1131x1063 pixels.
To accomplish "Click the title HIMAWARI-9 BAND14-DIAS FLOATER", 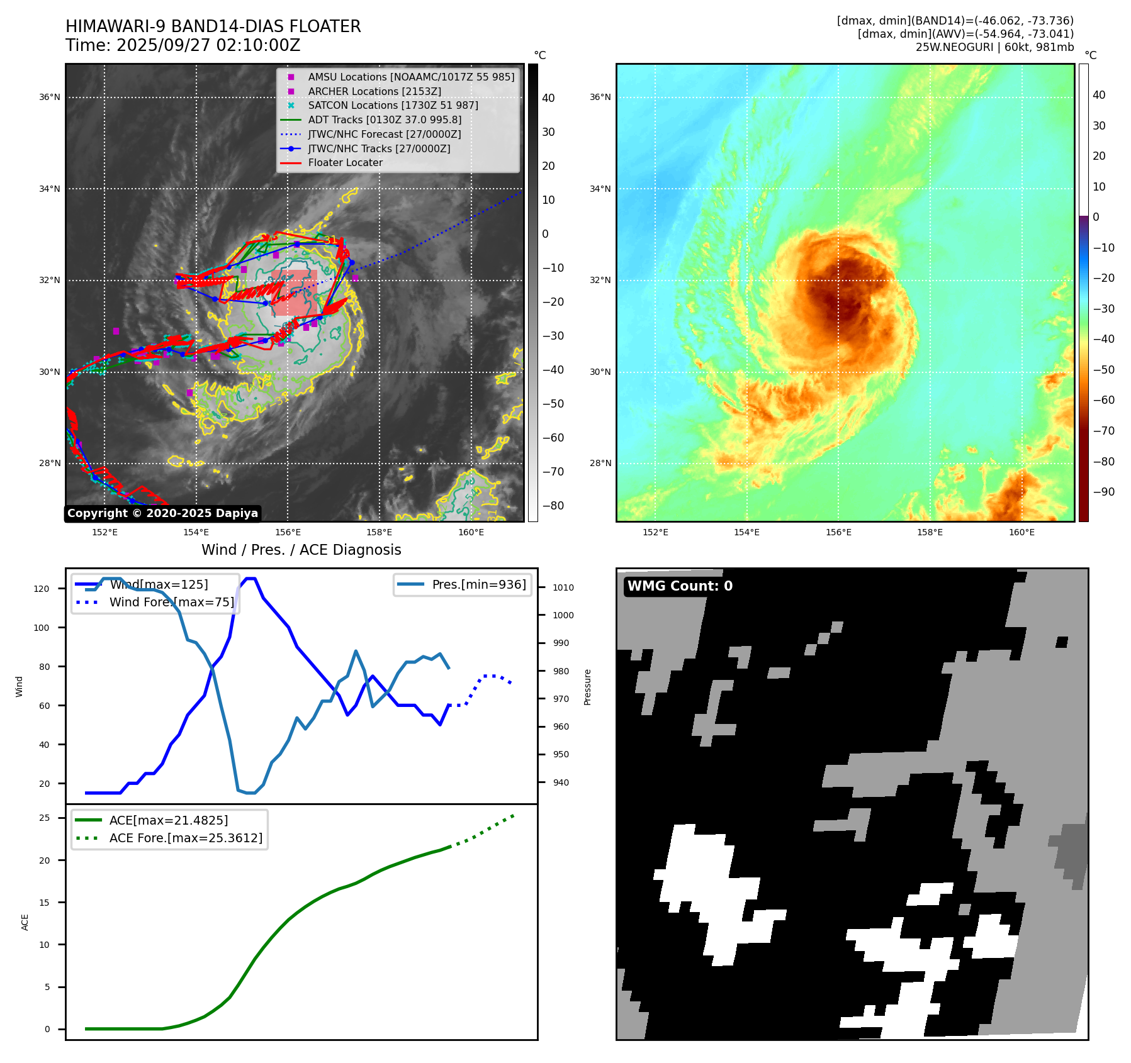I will click(213, 26).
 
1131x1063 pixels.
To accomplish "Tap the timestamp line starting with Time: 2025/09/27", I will click(183, 45).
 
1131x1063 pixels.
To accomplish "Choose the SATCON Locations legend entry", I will click(393, 105).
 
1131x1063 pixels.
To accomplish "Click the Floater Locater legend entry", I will click(345, 162).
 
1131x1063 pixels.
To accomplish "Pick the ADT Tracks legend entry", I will click(385, 120).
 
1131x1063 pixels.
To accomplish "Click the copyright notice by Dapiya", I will click(162, 513).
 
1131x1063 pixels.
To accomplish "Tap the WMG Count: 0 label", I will click(680, 586).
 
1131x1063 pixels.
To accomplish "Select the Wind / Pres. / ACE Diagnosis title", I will click(301, 550).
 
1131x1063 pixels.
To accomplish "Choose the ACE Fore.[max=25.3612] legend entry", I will click(186, 838).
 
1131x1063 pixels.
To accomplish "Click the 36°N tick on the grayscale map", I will click(50, 97).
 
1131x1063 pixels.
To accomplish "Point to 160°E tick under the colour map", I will click(1021, 532).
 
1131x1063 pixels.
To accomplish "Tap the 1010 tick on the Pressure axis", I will click(563, 587).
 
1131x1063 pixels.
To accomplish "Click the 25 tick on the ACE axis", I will click(45, 818).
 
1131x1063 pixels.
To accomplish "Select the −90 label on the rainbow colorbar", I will click(1103, 492).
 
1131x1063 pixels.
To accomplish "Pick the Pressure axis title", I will click(587, 687).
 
